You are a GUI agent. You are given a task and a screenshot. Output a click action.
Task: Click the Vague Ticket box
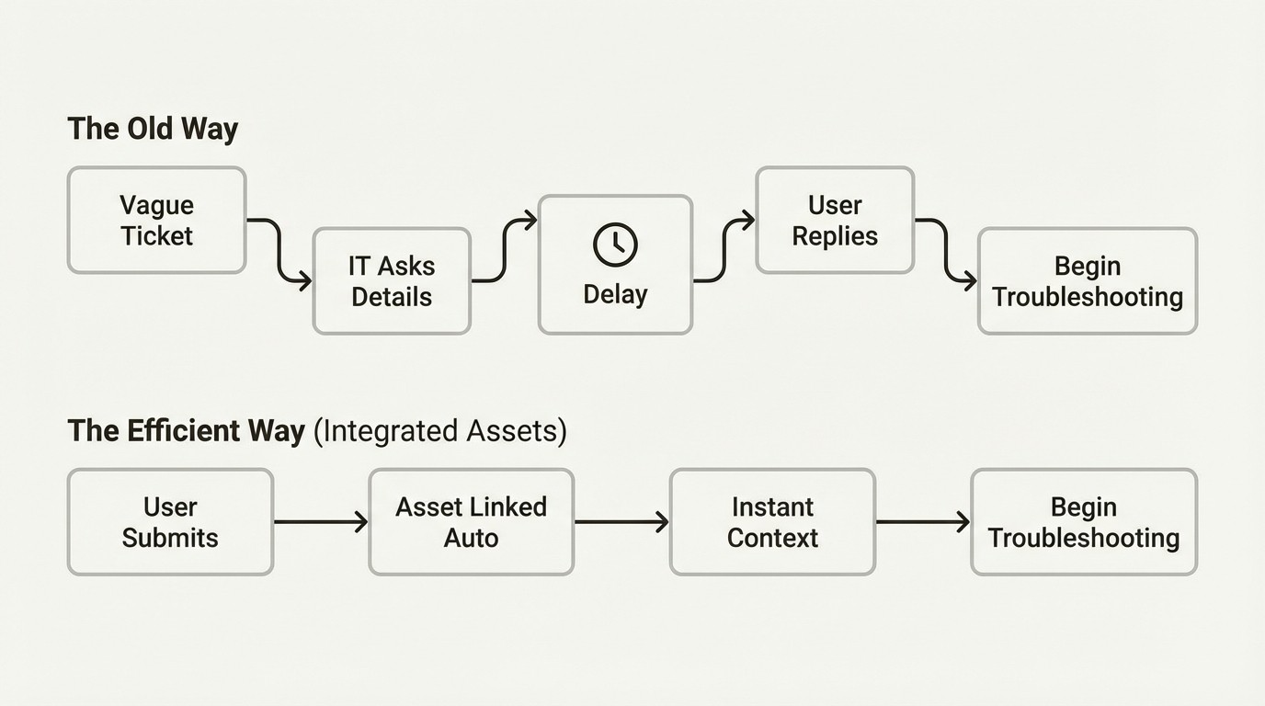(156, 221)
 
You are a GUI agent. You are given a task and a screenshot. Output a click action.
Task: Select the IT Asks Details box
(392, 281)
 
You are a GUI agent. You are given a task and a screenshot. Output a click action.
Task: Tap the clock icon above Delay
(615, 244)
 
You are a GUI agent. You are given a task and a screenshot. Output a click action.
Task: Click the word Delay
(615, 295)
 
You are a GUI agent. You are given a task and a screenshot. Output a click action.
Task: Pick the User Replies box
(835, 221)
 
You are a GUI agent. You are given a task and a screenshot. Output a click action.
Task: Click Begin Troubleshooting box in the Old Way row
(1088, 281)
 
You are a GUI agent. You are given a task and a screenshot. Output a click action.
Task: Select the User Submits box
(170, 522)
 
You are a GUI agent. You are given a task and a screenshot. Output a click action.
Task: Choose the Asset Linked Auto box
(471, 522)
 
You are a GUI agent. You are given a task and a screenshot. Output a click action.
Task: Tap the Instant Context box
(772, 522)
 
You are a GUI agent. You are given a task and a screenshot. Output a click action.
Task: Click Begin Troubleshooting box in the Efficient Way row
(1084, 522)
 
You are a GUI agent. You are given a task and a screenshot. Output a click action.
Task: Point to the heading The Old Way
(153, 129)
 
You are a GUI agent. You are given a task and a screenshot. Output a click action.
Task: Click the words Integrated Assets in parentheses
(440, 431)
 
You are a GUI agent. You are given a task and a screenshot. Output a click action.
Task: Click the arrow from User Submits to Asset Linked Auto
(320, 522)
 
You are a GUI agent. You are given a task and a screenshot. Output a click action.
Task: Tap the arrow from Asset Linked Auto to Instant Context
(621, 522)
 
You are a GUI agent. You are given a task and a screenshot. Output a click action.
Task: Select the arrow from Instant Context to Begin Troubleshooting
(922, 522)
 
